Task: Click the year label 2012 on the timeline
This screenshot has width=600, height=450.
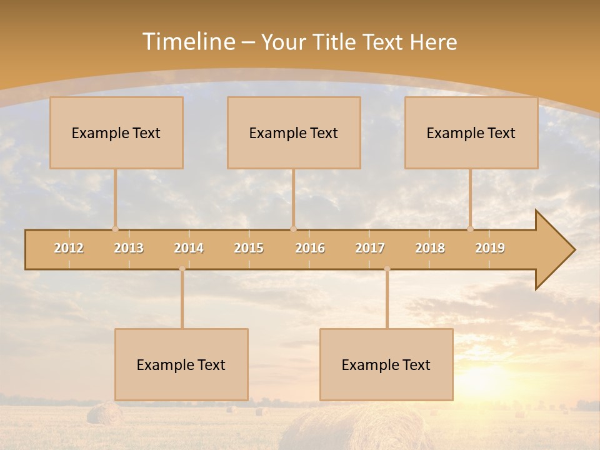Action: [69, 248]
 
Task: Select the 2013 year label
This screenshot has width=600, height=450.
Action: [129, 248]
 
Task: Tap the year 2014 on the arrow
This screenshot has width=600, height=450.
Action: [189, 248]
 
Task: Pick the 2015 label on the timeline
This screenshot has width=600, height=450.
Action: [249, 248]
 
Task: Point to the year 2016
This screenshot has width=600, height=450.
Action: [310, 248]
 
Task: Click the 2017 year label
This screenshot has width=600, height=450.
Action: [370, 248]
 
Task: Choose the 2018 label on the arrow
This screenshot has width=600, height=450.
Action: [430, 248]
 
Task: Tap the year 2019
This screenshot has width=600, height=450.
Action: [490, 248]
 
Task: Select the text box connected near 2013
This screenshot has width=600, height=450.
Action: [116, 133]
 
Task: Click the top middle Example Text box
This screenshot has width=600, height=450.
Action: [294, 133]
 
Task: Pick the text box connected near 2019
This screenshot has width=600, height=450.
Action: [471, 133]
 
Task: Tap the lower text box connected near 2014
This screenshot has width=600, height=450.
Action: [181, 365]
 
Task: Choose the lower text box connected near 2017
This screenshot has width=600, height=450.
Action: [386, 365]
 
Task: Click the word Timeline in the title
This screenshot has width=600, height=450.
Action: [187, 42]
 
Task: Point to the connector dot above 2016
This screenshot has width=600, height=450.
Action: [293, 229]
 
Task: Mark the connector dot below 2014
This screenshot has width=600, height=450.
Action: [182, 269]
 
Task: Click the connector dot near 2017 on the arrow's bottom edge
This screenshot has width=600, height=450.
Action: [387, 269]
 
